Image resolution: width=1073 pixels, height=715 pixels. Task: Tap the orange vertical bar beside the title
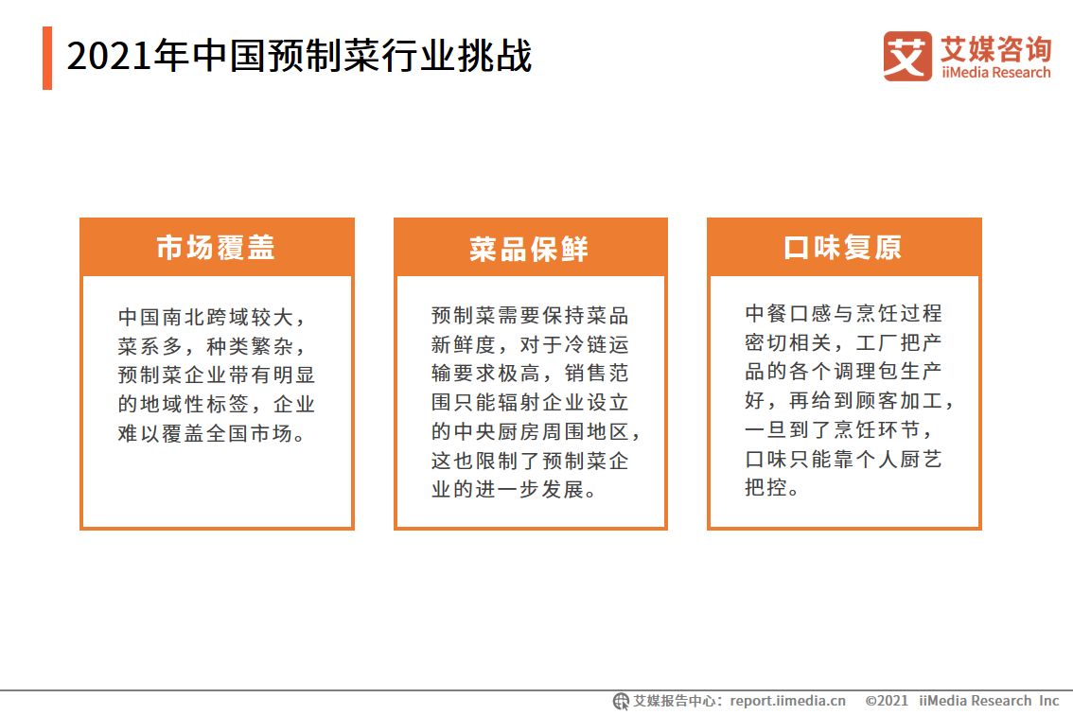tap(47, 58)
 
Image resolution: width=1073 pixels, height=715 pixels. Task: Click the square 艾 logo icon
tap(907, 56)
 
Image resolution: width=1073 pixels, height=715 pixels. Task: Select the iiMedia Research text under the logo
tap(995, 73)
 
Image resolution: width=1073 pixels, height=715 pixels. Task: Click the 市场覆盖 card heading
tap(216, 247)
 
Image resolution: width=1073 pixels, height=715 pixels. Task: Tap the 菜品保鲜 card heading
tap(529, 249)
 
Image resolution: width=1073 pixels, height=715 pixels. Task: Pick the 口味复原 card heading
tap(842, 247)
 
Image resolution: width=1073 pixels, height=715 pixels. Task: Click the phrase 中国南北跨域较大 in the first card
tap(205, 317)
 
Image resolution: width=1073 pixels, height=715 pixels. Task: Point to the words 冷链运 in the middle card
tap(595, 344)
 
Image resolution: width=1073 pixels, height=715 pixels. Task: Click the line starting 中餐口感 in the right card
tap(843, 313)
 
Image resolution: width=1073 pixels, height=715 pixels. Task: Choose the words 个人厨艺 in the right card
tap(899, 459)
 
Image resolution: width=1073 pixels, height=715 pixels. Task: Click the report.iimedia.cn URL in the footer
tap(787, 701)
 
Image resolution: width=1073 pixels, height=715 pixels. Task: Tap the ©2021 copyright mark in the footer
tap(887, 701)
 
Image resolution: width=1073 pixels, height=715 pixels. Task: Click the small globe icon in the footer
tap(621, 702)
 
